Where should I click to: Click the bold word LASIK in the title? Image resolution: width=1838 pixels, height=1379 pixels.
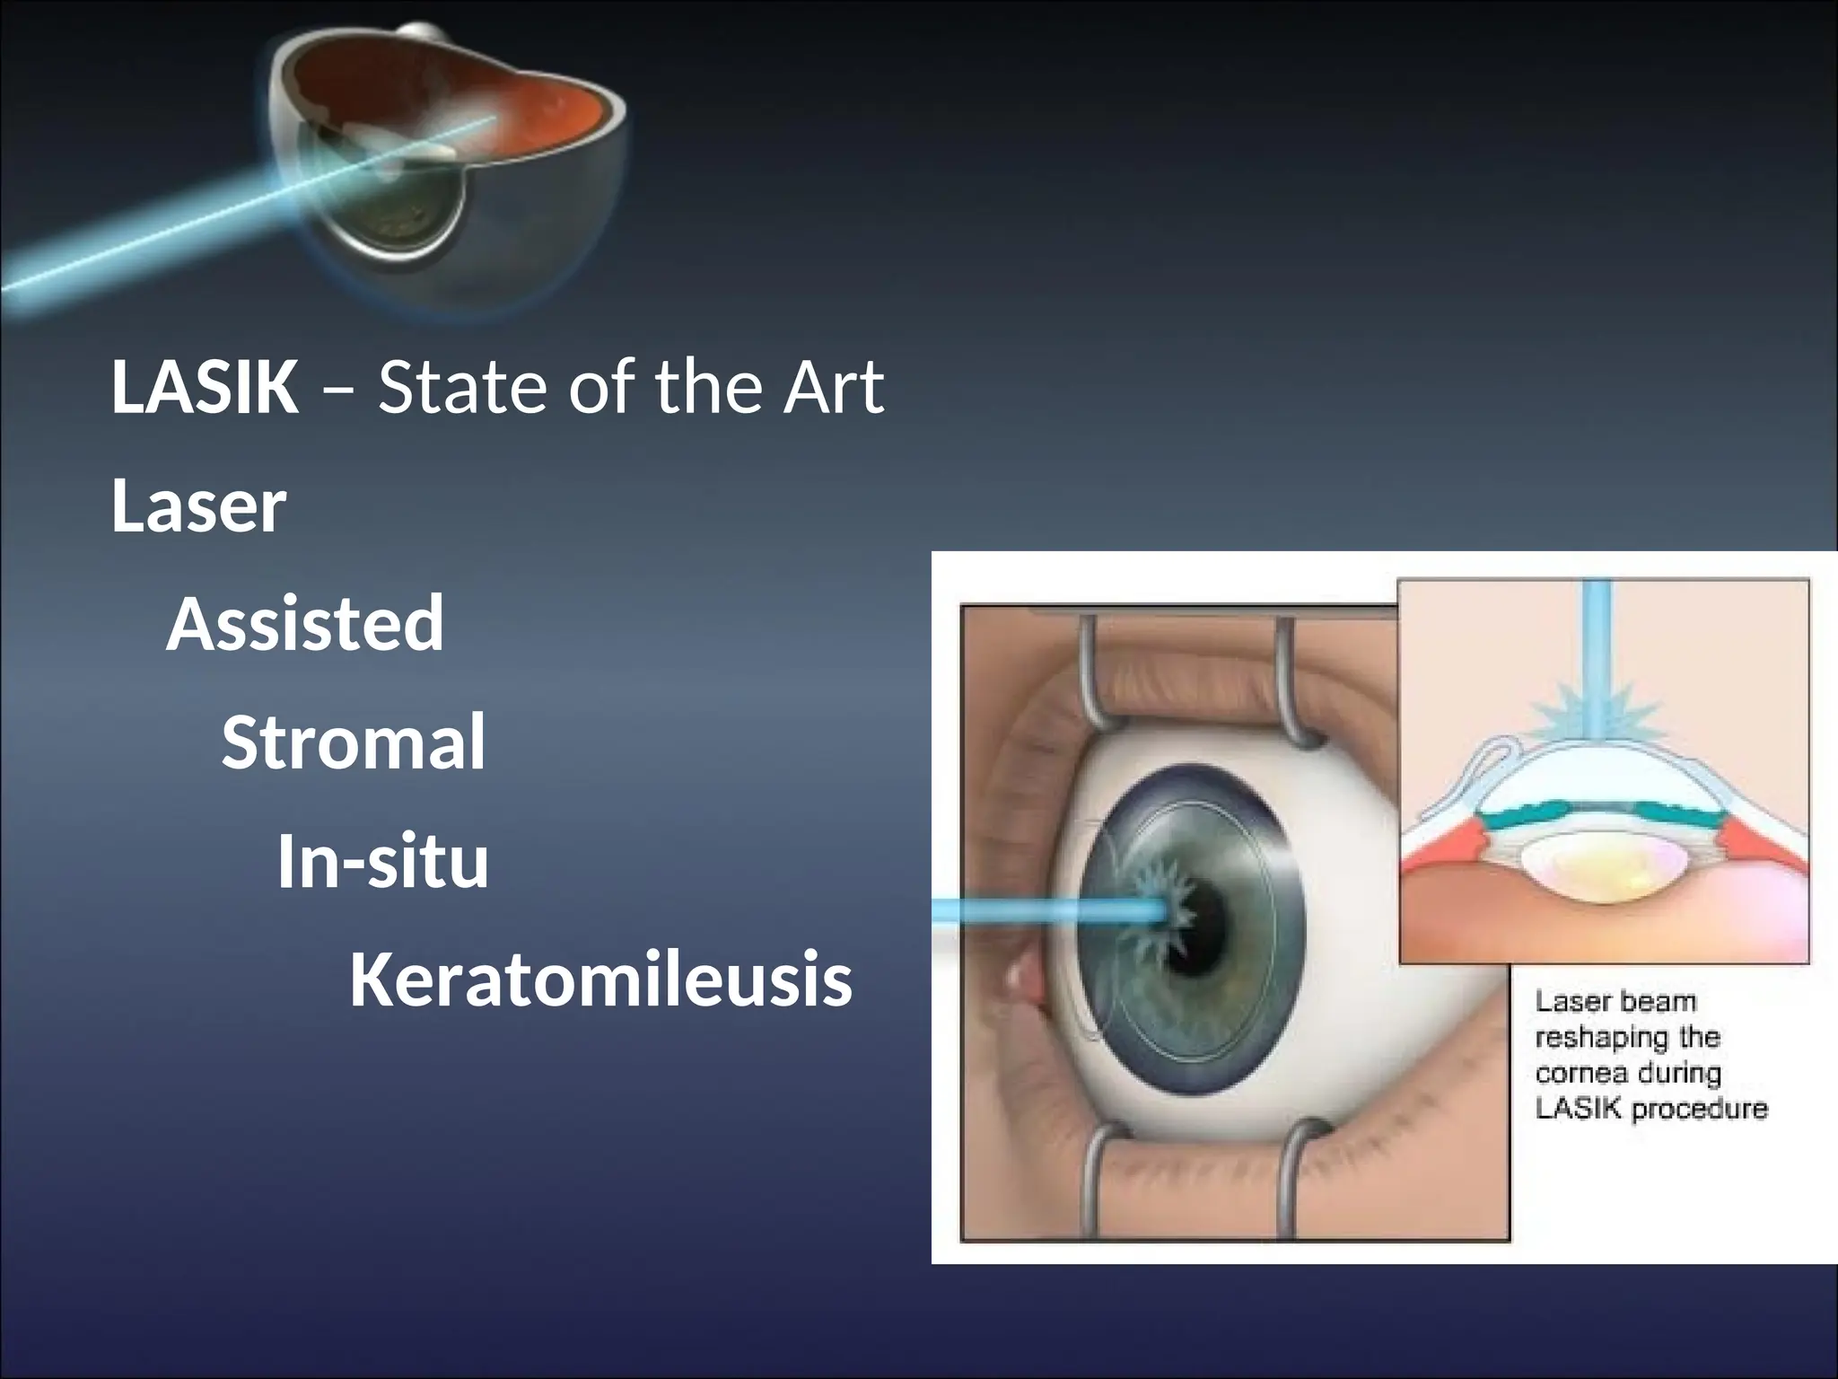coord(205,388)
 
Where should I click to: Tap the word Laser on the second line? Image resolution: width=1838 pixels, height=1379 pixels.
coord(198,506)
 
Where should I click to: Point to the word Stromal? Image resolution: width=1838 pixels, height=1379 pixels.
coord(354,742)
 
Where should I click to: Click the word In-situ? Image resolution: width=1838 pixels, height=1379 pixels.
coord(383,861)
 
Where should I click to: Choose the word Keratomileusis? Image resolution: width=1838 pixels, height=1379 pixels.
coord(600,979)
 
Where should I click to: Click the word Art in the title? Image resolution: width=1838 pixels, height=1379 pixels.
coord(834,388)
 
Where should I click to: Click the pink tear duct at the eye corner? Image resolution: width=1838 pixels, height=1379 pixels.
coord(1023,982)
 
